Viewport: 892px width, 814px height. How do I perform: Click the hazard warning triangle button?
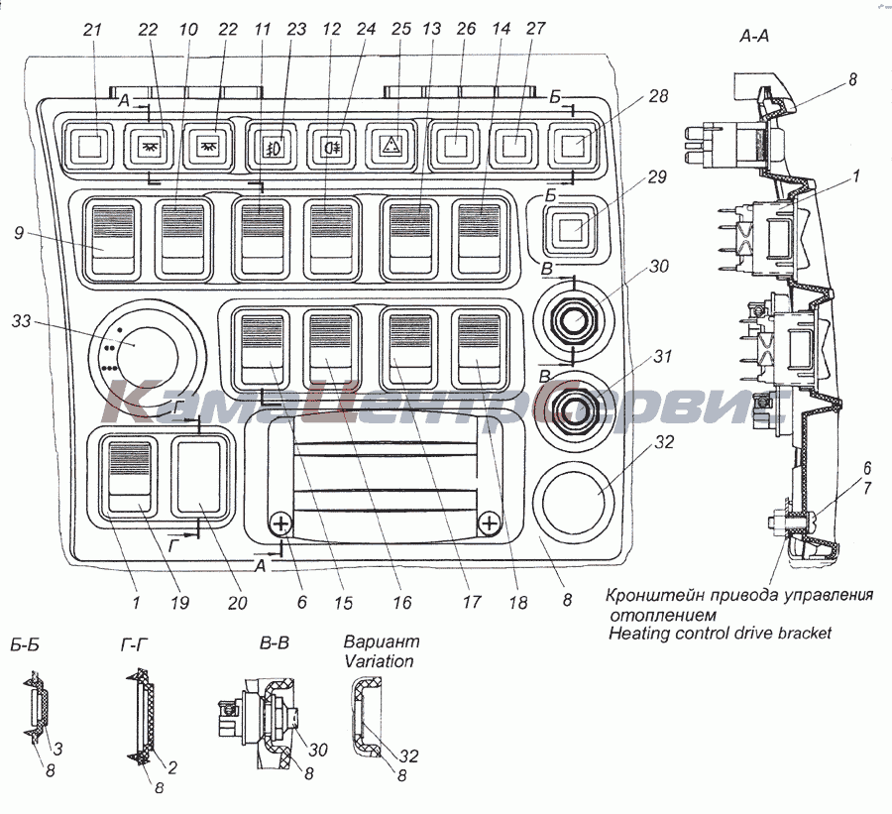[x=392, y=147]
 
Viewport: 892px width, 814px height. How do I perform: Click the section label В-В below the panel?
[x=275, y=643]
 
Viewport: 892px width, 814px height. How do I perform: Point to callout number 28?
[x=660, y=96]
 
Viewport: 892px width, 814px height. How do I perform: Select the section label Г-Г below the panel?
[x=135, y=643]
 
